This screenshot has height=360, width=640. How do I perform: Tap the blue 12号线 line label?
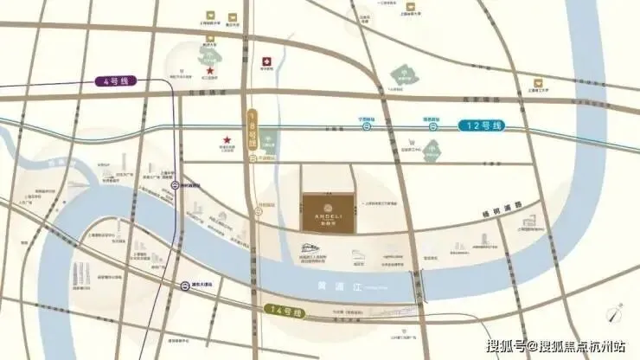click(x=480, y=126)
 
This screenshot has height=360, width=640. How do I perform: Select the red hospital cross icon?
click(x=267, y=61)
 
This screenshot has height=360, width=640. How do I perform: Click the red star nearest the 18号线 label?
click(x=227, y=140)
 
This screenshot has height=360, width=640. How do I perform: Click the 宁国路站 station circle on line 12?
click(x=367, y=126)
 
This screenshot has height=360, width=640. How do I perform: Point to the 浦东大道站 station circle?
click(x=185, y=285)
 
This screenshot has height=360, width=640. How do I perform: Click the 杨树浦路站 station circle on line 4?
click(x=176, y=184)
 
